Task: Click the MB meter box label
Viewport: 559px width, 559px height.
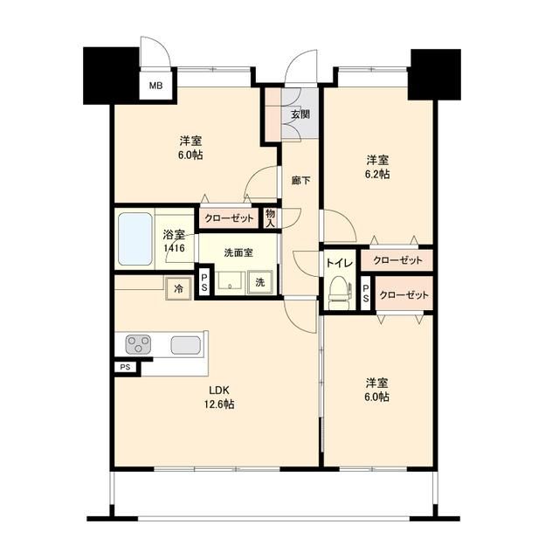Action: coord(155,86)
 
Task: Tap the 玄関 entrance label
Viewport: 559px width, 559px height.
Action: coord(300,114)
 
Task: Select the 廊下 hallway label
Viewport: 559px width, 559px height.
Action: coord(300,180)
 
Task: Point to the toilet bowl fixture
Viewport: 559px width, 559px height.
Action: coord(337,293)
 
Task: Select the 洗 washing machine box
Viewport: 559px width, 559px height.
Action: coord(259,283)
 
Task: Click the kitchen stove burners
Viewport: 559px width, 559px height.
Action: coord(139,344)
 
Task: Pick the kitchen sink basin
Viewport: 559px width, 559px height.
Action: coord(187,344)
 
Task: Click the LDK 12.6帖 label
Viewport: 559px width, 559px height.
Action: coord(220,397)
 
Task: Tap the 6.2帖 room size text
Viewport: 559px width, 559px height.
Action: coord(377,174)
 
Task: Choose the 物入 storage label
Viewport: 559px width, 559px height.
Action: coord(270,217)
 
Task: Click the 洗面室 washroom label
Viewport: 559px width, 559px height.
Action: coord(238,252)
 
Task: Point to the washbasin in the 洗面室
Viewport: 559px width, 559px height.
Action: coord(231,281)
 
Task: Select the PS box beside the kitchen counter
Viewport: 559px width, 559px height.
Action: coord(126,368)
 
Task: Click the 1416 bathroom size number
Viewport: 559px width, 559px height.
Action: coord(174,248)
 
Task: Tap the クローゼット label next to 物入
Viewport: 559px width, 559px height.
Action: coord(229,218)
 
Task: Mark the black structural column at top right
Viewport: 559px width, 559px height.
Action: coord(435,73)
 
